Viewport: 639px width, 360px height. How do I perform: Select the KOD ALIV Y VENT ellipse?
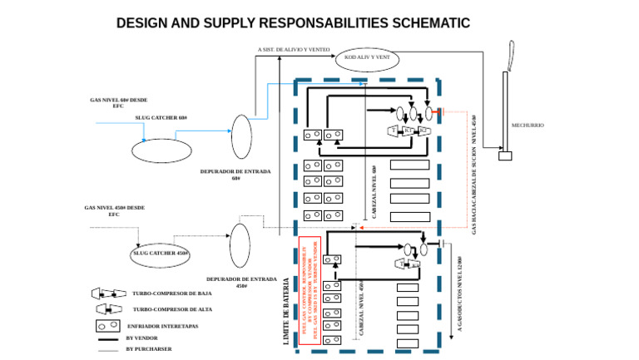(x=367, y=58)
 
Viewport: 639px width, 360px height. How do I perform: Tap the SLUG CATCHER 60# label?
(x=161, y=118)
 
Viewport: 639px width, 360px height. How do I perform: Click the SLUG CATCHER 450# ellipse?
(x=161, y=253)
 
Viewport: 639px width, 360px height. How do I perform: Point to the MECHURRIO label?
(x=528, y=126)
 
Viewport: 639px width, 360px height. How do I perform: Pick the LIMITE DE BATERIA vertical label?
(x=287, y=311)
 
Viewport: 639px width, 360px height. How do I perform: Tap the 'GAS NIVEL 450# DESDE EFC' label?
(x=115, y=211)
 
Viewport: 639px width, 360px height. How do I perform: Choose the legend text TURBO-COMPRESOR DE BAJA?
(x=171, y=293)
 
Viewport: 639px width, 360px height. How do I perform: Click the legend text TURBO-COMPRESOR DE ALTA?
(x=171, y=309)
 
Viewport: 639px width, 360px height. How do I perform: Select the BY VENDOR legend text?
(x=141, y=338)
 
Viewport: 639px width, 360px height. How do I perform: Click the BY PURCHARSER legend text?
(x=148, y=349)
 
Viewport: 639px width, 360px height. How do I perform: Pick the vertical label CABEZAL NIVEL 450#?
(x=361, y=309)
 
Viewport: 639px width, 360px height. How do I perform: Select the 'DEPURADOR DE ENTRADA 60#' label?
(x=235, y=175)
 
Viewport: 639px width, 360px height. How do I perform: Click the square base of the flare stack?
(x=504, y=155)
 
